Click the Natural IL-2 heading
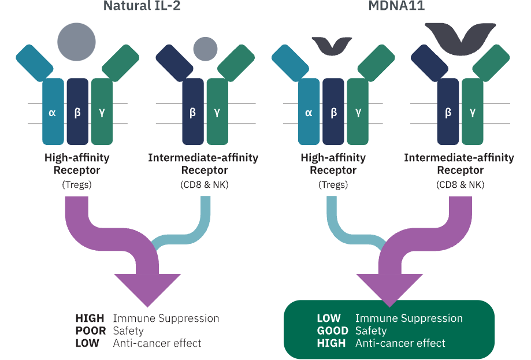click(x=138, y=6)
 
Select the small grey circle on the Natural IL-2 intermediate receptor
click(x=205, y=49)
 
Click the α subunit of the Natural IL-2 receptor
click(x=53, y=112)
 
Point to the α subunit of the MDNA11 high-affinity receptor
click(x=309, y=112)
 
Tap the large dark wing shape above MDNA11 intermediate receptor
click(x=459, y=36)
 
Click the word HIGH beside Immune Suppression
click(x=90, y=318)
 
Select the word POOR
click(x=91, y=331)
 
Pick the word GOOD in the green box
click(x=332, y=331)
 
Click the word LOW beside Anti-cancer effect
click(x=87, y=343)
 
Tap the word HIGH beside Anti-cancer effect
click(x=331, y=343)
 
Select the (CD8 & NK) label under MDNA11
click(x=460, y=185)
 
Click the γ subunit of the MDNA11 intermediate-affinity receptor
click(x=473, y=112)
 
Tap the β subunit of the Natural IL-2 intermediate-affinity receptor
click(x=193, y=112)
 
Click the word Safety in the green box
click(x=371, y=331)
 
